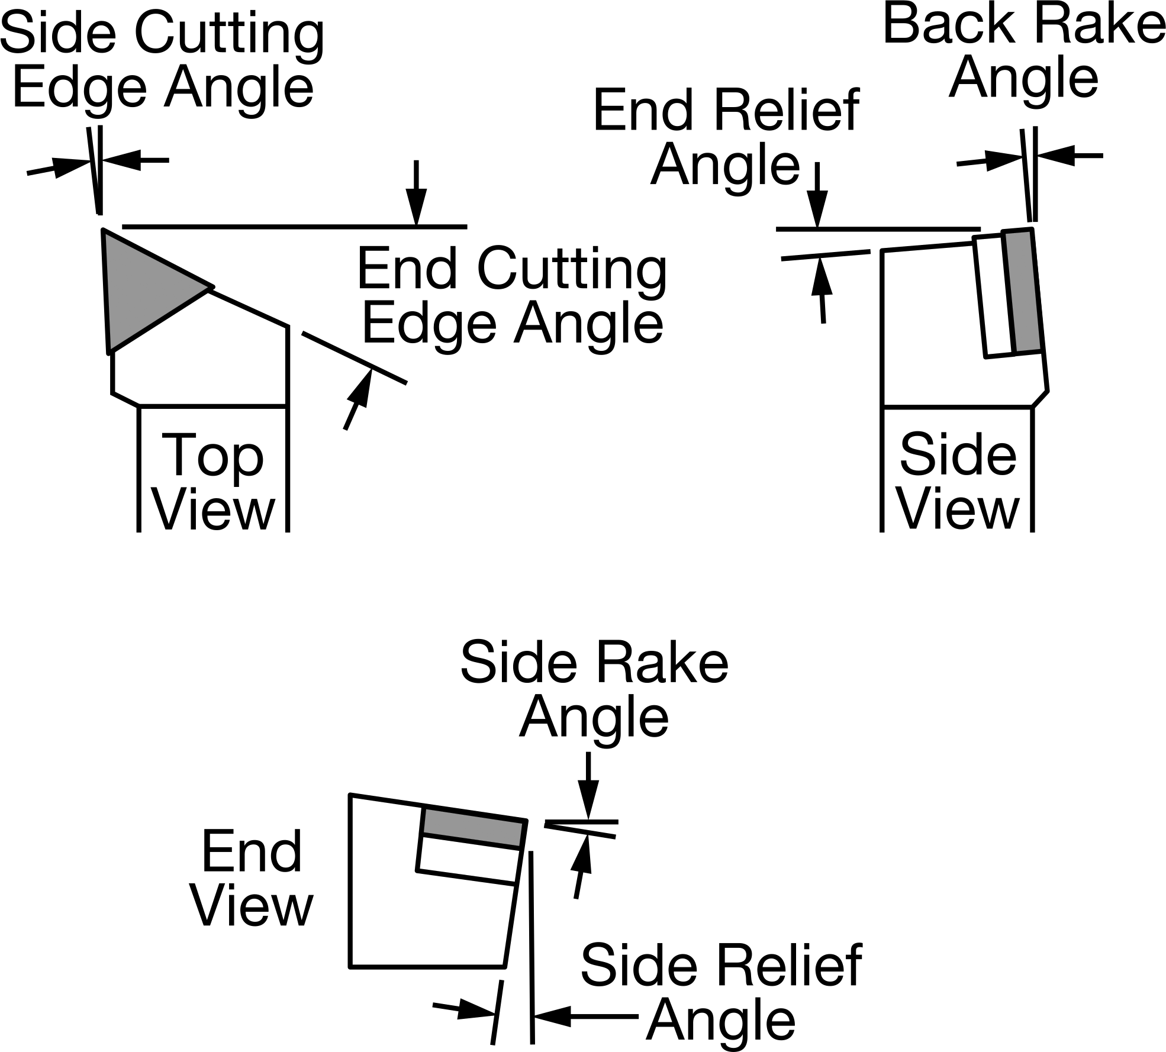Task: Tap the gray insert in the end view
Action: pos(474,827)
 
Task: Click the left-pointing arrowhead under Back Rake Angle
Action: pos(1054,156)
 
